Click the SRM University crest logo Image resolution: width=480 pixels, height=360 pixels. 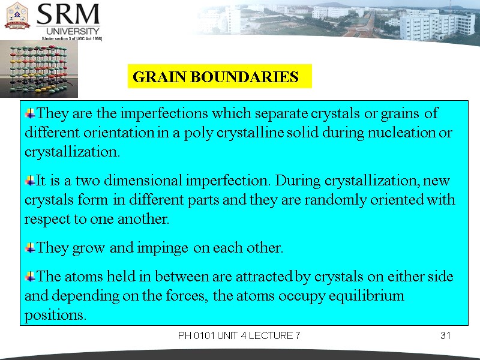[17, 16]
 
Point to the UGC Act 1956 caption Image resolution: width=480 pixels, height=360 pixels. [71, 38]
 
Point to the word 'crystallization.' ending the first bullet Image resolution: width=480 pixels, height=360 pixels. [72, 152]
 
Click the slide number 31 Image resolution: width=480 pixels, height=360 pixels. [445, 335]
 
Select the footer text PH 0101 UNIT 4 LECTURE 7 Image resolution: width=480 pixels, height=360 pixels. [239, 335]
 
